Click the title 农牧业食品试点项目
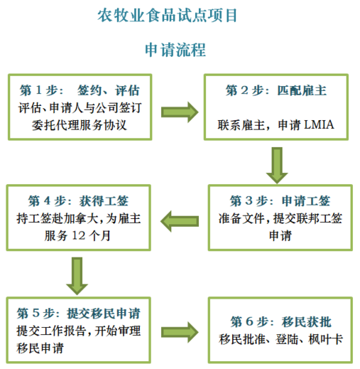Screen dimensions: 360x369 pyautogui.click(x=168, y=16)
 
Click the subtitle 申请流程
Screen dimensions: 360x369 pyautogui.click(x=175, y=50)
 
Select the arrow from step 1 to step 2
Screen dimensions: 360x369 pyautogui.click(x=180, y=112)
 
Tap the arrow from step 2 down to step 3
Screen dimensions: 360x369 pyautogui.click(x=277, y=166)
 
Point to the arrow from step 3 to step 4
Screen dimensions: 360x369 pyautogui.click(x=180, y=221)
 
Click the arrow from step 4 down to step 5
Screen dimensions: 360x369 pyautogui.click(x=77, y=276)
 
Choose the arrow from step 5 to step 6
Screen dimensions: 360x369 pyautogui.click(x=180, y=332)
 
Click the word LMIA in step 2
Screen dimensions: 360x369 pyautogui.click(x=319, y=125)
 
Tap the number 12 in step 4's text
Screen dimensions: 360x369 pyautogui.click(x=78, y=235)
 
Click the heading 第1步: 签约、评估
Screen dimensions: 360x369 pyautogui.click(x=80, y=90)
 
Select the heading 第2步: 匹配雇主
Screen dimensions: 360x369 pyautogui.click(x=276, y=90)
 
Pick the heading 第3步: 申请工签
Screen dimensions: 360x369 pyautogui.click(x=280, y=201)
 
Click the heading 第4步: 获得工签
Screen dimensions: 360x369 pyautogui.click(x=78, y=201)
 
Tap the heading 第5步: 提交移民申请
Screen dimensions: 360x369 pyautogui.click(x=78, y=314)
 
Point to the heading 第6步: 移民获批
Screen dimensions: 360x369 pyautogui.click(x=281, y=322)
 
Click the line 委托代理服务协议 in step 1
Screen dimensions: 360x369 pyautogui.click(x=80, y=125)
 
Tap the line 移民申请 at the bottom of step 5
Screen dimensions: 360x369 pyautogui.click(x=40, y=348)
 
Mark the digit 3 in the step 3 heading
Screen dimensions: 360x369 pyautogui.click(x=249, y=201)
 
